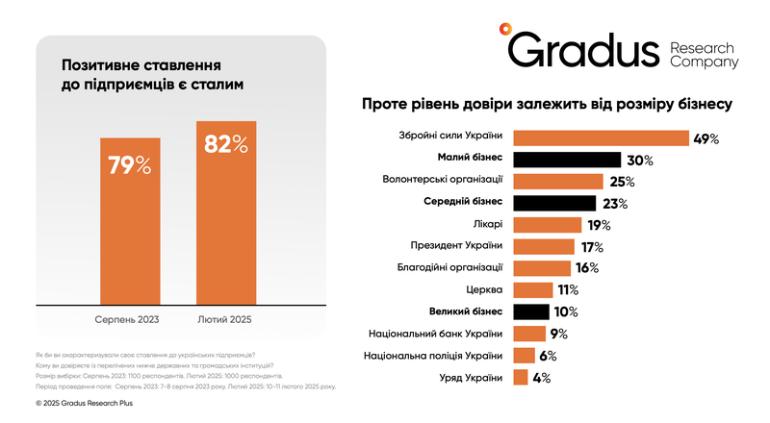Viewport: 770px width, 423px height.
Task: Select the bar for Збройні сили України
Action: pyautogui.click(x=602, y=137)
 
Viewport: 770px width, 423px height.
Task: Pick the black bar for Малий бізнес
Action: pyautogui.click(x=567, y=160)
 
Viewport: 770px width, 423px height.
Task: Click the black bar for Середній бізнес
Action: pyautogui.click(x=556, y=203)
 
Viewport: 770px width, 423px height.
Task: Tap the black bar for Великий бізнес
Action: pyautogui.click(x=531, y=311)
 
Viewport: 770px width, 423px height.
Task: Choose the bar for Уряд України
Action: pyautogui.click(x=520, y=378)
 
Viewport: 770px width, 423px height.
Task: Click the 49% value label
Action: pyautogui.click(x=706, y=138)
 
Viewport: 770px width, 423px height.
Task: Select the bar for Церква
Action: pyautogui.click(x=532, y=289)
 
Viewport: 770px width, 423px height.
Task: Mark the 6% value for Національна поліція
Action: pyautogui.click(x=549, y=356)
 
